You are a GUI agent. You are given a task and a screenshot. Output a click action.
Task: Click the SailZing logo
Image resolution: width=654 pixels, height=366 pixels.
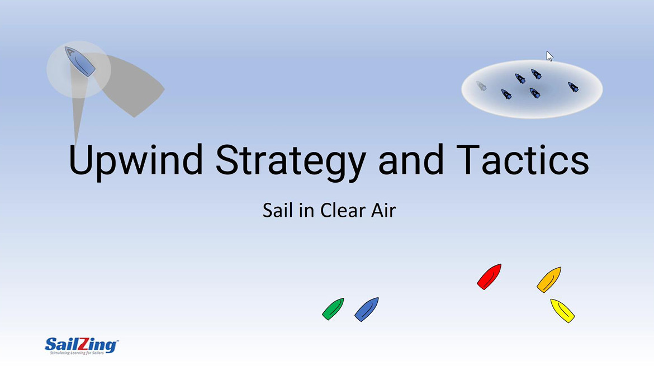coord(81,344)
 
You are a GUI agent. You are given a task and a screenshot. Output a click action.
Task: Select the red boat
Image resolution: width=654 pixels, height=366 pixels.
coord(489,277)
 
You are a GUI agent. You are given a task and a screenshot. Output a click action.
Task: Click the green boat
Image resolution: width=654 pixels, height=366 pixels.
coord(333,309)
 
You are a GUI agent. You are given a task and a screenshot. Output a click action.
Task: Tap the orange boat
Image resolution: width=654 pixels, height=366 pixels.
coord(549,279)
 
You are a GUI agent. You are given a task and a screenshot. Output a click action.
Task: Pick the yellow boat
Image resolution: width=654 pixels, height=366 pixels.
coord(562,311)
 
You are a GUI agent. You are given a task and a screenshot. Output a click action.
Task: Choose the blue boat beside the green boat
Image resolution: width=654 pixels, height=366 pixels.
coord(367,310)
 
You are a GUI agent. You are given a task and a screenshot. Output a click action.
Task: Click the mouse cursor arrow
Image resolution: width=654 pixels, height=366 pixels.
coord(549,56)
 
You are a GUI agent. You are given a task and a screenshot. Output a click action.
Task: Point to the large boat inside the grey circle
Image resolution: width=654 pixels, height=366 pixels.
coord(79,61)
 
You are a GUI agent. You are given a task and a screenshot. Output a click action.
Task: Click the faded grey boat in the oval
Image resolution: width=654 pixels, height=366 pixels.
coord(481,85)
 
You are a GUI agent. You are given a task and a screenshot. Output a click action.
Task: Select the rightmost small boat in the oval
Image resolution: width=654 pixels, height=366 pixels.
coord(573,87)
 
